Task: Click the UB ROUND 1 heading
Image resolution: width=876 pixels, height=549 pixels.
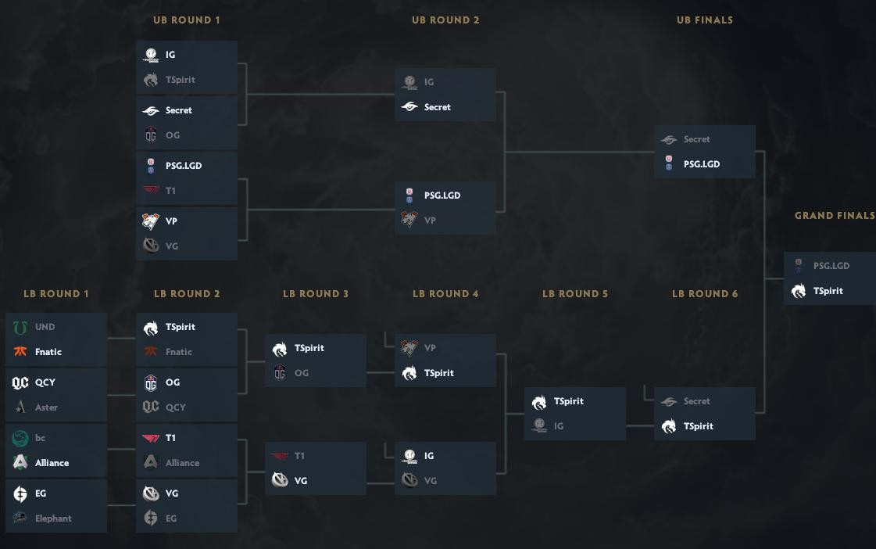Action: tap(186, 20)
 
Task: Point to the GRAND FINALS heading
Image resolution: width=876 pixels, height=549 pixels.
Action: tap(835, 216)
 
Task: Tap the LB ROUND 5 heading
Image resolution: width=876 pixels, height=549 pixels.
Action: tap(574, 294)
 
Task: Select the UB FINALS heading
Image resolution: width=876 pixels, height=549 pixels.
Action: tap(704, 20)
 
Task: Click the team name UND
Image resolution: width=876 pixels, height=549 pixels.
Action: tap(45, 327)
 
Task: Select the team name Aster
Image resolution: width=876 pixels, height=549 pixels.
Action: tap(46, 407)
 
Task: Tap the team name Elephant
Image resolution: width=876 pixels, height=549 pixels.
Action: tap(53, 518)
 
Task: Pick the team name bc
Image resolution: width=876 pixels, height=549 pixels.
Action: tap(40, 438)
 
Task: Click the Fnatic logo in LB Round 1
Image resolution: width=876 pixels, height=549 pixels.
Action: tap(20, 352)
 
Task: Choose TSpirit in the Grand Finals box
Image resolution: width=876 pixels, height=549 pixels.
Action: tap(828, 291)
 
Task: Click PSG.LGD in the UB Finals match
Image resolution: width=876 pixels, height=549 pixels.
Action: tap(701, 164)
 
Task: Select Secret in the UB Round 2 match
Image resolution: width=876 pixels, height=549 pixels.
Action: tap(437, 107)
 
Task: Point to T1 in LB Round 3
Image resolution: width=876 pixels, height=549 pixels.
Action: tap(300, 456)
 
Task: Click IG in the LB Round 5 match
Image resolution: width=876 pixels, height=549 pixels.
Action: tap(558, 426)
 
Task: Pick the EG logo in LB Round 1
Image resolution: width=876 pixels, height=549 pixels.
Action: tap(20, 493)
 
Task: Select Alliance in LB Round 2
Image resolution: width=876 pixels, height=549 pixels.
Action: tap(182, 463)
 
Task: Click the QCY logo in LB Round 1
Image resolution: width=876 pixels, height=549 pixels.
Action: tap(20, 382)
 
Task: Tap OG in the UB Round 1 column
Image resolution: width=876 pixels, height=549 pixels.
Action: tap(173, 135)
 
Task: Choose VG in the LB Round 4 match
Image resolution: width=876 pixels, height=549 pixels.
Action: tap(430, 481)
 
